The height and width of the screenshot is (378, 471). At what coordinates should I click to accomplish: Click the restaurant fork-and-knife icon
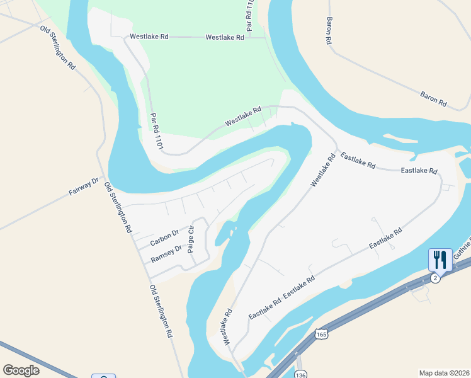click(x=440, y=260)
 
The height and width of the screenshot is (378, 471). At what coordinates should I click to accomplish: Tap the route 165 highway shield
click(x=322, y=333)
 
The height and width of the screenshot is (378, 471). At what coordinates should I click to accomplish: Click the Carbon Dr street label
click(x=164, y=238)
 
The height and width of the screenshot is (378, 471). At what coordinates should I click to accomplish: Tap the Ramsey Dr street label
click(x=166, y=253)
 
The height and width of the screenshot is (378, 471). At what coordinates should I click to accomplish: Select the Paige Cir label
click(x=191, y=238)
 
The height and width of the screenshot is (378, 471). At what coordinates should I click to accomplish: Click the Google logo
click(x=21, y=370)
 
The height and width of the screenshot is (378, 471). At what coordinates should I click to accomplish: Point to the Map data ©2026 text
click(x=444, y=372)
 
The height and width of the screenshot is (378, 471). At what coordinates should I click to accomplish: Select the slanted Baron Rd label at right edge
click(x=433, y=98)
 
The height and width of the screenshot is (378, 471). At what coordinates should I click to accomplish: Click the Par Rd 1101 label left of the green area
click(x=157, y=132)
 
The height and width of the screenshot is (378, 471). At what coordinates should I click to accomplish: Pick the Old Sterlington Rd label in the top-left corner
click(x=57, y=48)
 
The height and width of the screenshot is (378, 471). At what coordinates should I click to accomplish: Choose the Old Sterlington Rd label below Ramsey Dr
click(x=162, y=312)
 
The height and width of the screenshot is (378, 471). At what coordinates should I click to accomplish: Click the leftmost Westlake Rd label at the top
click(x=149, y=37)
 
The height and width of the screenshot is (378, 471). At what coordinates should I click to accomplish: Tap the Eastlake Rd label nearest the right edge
click(x=419, y=171)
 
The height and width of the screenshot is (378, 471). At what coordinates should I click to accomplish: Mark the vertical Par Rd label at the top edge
click(x=250, y=16)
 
